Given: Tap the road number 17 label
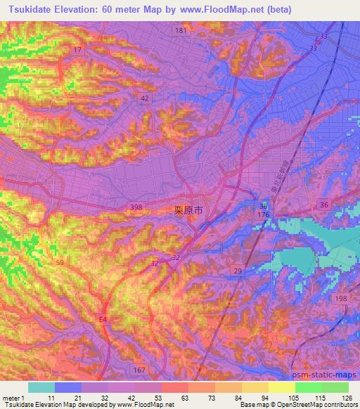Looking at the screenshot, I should [x=77, y=50].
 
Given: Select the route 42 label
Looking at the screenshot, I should [x=144, y=99].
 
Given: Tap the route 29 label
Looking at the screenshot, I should [x=238, y=271].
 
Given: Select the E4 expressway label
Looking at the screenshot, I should [x=103, y=320].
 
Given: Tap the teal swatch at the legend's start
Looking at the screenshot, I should [x=41, y=387].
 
